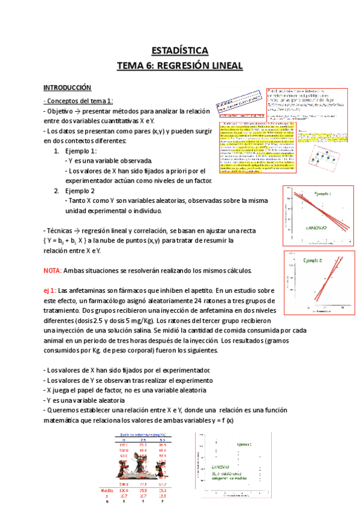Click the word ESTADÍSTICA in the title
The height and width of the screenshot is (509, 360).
tap(180, 50)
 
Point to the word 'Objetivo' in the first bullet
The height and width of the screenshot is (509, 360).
tap(61, 111)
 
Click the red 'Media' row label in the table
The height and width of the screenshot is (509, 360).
tap(106, 490)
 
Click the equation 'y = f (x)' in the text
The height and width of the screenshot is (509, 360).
tap(220, 421)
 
